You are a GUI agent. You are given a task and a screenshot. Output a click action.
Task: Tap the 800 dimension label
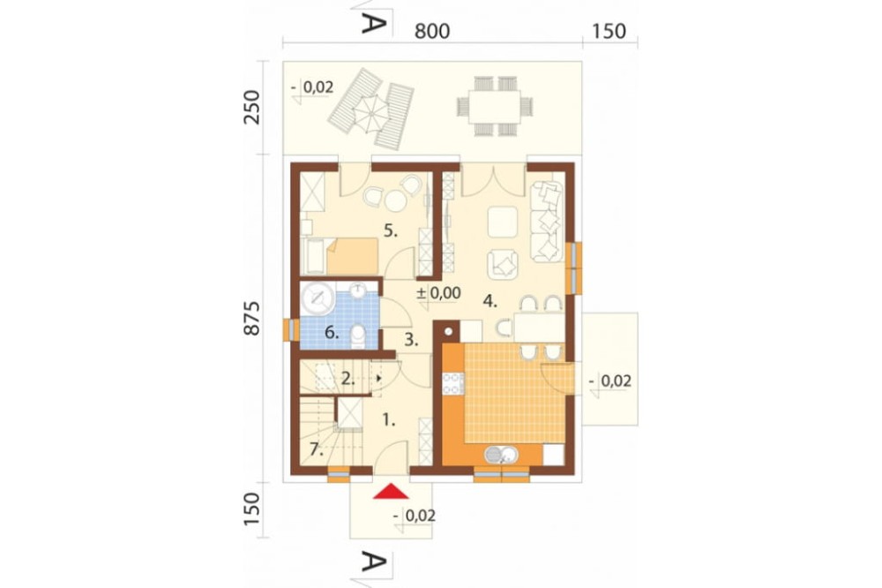point(432,31)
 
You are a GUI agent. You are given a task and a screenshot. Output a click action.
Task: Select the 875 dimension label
point(252,319)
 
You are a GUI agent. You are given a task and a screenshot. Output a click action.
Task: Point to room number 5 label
point(391,230)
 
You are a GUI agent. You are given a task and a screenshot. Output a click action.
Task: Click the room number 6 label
point(332,332)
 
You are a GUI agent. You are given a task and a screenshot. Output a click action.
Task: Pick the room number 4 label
point(490,301)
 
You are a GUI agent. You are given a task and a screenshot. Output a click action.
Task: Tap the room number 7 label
point(316,449)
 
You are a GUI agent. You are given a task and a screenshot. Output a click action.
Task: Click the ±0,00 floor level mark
point(438,293)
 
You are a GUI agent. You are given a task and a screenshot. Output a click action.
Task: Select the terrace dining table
point(495,107)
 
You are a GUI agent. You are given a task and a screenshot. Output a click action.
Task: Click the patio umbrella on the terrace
point(370,114)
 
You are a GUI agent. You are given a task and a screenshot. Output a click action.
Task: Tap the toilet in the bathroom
point(358,335)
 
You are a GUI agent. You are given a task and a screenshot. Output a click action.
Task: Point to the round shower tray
point(318,298)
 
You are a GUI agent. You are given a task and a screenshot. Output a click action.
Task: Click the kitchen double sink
point(501,454)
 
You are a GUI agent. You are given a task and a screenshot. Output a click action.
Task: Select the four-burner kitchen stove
point(452,383)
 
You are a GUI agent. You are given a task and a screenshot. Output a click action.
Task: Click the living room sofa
point(547,222)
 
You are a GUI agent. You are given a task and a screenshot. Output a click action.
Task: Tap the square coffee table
point(503,222)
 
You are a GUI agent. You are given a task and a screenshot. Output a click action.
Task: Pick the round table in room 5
point(396,200)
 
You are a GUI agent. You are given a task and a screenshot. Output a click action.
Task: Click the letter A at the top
point(374,23)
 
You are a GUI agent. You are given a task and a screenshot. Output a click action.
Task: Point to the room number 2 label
point(348,379)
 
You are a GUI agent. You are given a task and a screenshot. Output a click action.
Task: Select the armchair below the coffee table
point(503,264)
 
